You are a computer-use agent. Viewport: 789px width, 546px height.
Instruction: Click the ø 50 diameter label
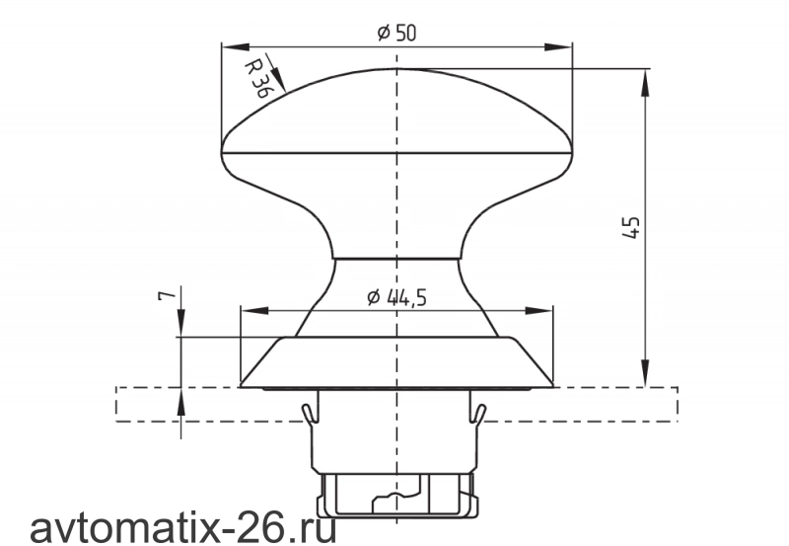coord(397,33)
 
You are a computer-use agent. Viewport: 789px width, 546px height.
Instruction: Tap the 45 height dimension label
coord(630,227)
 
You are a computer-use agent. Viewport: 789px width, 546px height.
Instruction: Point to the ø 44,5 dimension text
coord(397,297)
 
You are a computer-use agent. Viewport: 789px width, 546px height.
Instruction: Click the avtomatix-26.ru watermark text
coord(183,528)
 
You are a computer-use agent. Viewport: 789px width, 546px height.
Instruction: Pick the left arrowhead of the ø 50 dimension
coord(236,46)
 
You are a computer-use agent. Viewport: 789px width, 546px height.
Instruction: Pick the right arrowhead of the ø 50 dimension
coord(558,46)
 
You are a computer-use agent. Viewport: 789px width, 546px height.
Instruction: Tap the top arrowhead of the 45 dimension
coord(645,82)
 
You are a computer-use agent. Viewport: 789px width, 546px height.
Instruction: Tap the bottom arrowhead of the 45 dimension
coord(645,373)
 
